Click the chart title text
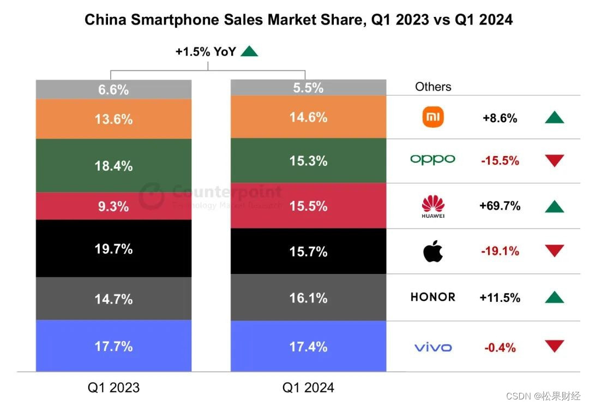pyautogui.click(x=298, y=20)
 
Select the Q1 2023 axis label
pyautogui.click(x=113, y=387)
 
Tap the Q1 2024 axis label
pyautogui.click(x=308, y=387)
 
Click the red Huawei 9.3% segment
pyautogui.click(x=113, y=206)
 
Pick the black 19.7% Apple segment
pyautogui.click(x=113, y=249)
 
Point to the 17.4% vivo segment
pyautogui.click(x=308, y=347)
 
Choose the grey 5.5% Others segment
pyautogui.click(x=308, y=87)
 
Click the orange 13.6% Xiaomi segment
pyautogui.click(x=113, y=119)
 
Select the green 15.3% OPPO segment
pyautogui.click(x=308, y=161)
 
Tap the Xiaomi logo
pyautogui.click(x=433, y=117)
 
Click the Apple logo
pyautogui.click(x=433, y=251)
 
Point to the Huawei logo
pyautogui.click(x=433, y=206)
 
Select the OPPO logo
pyautogui.click(x=432, y=159)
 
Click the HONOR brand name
pyautogui.click(x=432, y=297)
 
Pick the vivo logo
pyautogui.click(x=433, y=347)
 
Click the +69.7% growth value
pyautogui.click(x=500, y=206)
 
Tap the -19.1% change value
pyautogui.click(x=500, y=252)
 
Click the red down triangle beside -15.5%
pyautogui.click(x=554, y=160)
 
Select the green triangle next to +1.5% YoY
pyautogui.click(x=249, y=51)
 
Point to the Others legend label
pyautogui.click(x=433, y=87)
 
